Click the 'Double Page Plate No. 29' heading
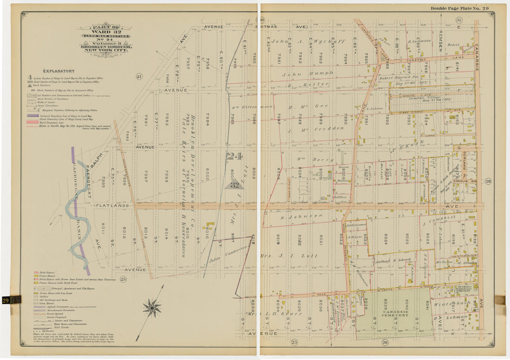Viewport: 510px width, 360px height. [459, 8]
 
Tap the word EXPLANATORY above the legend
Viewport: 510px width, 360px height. [59, 71]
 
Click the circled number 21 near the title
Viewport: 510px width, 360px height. [139, 76]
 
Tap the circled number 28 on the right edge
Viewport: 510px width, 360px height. [487, 181]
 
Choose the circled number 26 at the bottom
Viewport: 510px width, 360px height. [385, 342]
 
